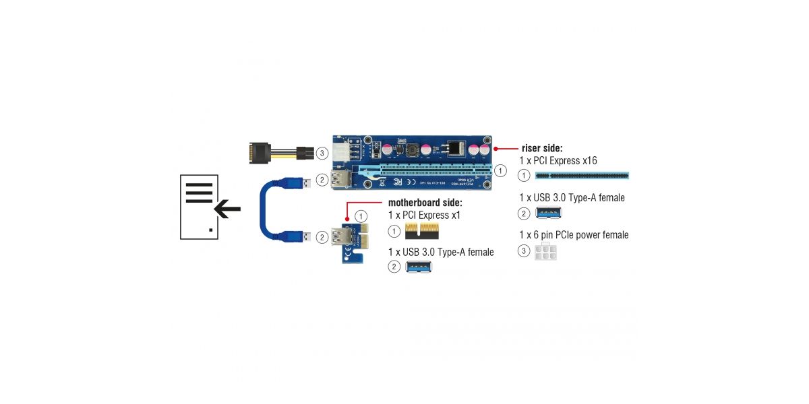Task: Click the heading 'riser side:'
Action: pos(542,148)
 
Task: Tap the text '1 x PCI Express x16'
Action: pos(558,160)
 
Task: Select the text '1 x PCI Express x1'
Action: pos(424,215)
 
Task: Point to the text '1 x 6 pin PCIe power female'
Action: pos(573,235)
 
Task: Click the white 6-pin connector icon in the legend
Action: pos(546,252)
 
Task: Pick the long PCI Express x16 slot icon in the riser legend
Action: pos(582,176)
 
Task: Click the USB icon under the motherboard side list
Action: pos(419,267)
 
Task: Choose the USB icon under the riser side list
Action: pos(549,213)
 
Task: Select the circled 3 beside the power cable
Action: pos(322,154)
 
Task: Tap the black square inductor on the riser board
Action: pos(458,147)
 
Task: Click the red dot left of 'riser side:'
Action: pos(496,148)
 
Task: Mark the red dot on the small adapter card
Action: pos(347,219)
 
